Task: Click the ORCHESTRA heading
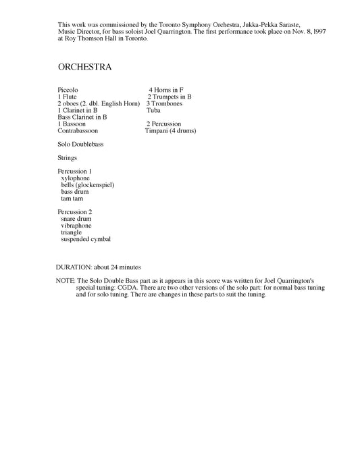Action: click(x=84, y=68)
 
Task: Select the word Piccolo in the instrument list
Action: click(x=69, y=90)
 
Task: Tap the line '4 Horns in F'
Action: click(x=166, y=90)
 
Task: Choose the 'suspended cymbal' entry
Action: click(x=86, y=239)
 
